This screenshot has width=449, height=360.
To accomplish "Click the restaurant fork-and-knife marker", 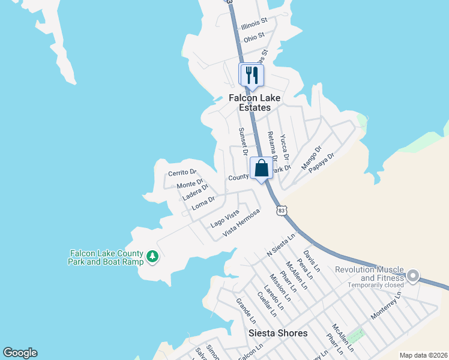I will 252,75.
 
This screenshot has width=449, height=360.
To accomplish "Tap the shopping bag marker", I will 261,169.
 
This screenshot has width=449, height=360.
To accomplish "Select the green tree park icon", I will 152,257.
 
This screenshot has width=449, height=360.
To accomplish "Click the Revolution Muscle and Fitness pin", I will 412,276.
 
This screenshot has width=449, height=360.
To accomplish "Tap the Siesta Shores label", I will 278,333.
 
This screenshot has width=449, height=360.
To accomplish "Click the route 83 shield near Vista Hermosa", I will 282,211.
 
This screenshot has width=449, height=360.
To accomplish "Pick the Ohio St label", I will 254,37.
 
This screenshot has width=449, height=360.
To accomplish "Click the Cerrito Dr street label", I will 182,172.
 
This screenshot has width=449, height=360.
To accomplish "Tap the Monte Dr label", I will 190,182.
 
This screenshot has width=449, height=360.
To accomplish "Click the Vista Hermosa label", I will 241,222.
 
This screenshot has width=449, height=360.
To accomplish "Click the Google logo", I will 20,353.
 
